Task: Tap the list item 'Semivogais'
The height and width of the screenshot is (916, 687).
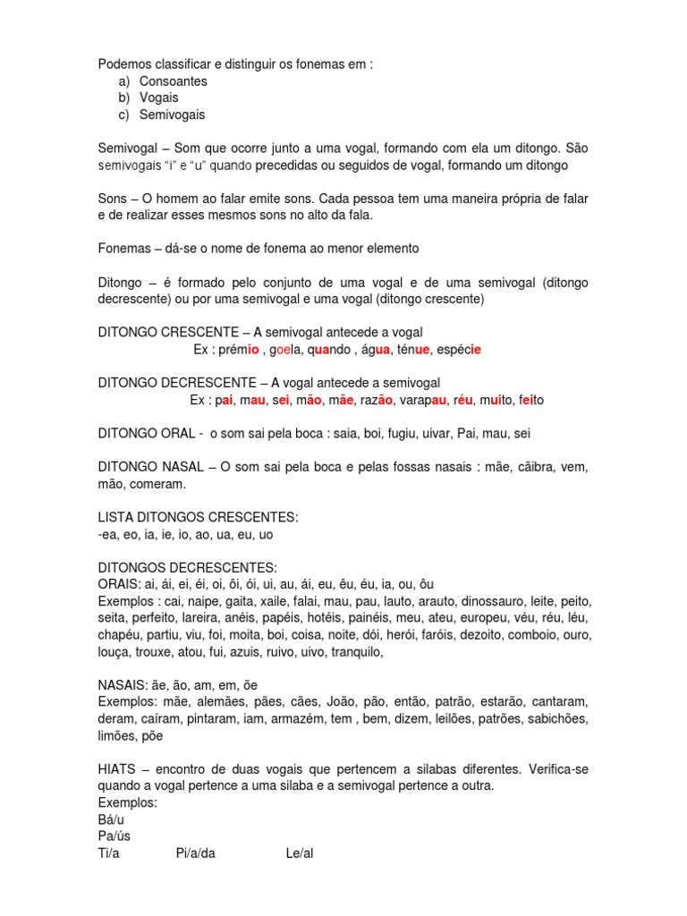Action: pos(173,115)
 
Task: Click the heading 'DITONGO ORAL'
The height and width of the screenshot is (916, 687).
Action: pos(147,434)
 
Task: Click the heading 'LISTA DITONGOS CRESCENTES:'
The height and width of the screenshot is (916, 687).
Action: pos(198,518)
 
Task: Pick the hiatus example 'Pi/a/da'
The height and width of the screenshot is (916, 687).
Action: pos(196,853)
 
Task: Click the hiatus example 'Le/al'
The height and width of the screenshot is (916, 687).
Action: pos(300,853)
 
